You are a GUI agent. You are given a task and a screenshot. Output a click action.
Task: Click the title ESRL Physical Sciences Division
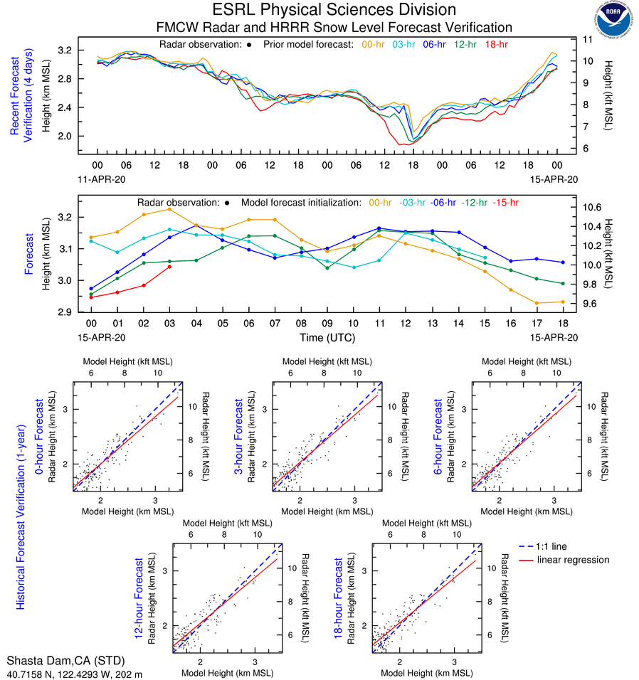334,10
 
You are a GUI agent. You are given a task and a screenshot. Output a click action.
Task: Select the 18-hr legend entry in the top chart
496,44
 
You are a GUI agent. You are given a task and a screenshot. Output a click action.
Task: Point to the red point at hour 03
169,267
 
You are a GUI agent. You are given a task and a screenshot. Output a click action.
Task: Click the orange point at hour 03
169,209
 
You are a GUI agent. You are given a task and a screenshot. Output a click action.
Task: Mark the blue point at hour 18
563,262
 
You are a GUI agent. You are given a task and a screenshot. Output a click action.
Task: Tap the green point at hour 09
327,268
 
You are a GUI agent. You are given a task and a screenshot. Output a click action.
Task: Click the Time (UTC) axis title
327,338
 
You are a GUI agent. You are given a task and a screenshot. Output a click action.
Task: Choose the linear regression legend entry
573,560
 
